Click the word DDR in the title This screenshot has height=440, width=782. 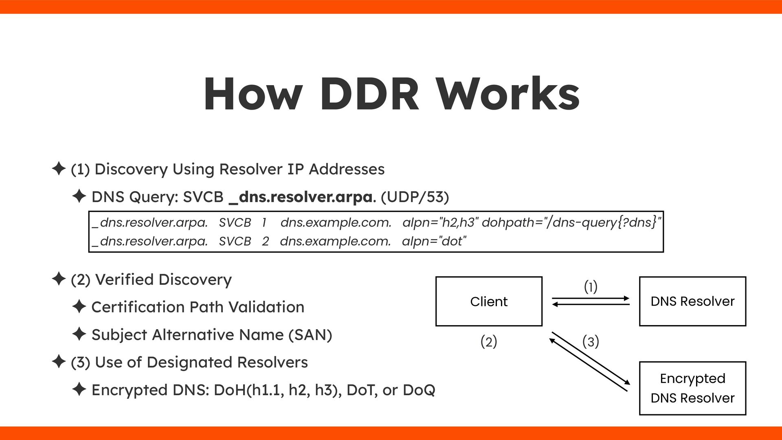point(369,95)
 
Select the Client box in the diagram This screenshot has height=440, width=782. point(489,301)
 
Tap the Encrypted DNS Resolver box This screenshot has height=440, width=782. point(692,388)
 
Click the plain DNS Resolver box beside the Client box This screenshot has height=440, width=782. point(692,301)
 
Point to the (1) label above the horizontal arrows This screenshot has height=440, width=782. point(591,287)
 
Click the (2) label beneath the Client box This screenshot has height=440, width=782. point(489,341)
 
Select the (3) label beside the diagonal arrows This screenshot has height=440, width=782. point(591,341)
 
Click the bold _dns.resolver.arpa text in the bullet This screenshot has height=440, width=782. point(301,197)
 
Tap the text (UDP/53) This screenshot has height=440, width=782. point(415,197)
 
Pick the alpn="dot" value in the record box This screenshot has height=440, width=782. point(434,241)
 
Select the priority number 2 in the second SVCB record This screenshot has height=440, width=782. point(265,241)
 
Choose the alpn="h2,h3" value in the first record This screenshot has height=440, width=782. point(440,222)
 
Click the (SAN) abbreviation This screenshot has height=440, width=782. point(310,335)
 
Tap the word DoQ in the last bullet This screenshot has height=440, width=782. point(419,390)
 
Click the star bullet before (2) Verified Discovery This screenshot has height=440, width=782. point(59,279)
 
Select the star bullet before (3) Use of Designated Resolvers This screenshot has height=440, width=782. point(59,362)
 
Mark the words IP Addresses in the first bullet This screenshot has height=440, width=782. point(336,169)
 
